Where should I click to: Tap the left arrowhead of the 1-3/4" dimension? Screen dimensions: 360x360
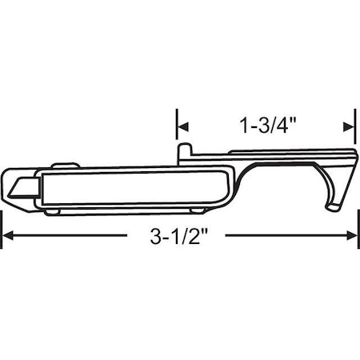[x=181, y=126]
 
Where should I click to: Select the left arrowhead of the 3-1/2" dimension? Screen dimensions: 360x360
[x=7, y=235]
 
